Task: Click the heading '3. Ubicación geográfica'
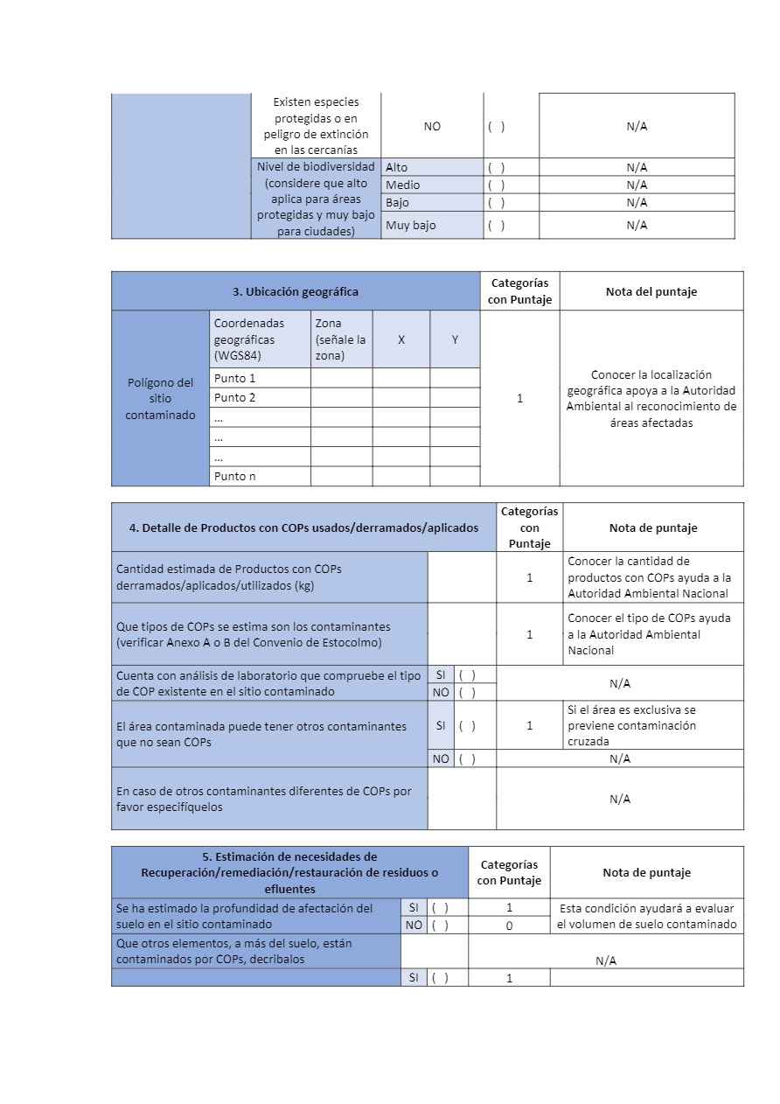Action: point(296,291)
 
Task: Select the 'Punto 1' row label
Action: point(234,378)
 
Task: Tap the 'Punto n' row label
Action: point(234,477)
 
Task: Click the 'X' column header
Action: point(401,339)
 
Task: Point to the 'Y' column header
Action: point(455,339)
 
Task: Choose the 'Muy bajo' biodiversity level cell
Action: point(410,225)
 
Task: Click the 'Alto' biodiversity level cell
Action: point(396,167)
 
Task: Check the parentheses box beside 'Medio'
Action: point(497,185)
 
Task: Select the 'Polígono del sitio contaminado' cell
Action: point(160,398)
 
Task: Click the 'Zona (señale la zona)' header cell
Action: point(341,339)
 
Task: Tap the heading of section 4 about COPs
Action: point(303,528)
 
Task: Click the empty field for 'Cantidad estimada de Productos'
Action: point(462,577)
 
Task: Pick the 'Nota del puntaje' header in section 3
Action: point(651,291)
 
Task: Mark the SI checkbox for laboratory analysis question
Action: point(467,674)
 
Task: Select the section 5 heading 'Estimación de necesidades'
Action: point(289,872)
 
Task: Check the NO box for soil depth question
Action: point(440,925)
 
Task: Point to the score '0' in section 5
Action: point(509,925)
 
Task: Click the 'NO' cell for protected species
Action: point(432,126)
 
